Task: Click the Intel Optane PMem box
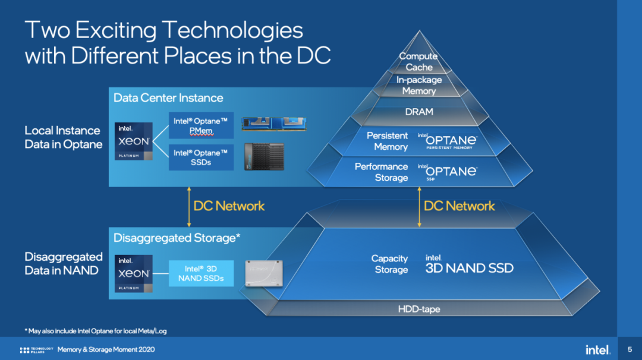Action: click(x=201, y=125)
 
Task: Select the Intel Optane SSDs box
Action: click(x=201, y=157)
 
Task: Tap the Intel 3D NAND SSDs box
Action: click(x=201, y=273)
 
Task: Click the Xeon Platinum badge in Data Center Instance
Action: click(x=134, y=141)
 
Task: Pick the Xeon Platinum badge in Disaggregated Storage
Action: click(x=134, y=274)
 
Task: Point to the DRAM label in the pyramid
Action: click(x=419, y=112)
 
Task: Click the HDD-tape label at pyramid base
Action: click(x=419, y=310)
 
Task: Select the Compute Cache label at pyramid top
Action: click(x=418, y=62)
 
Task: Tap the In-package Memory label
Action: click(x=419, y=85)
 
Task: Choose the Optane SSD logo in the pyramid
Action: click(x=448, y=172)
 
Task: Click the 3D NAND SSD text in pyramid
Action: click(x=469, y=268)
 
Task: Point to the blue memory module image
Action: click(x=274, y=124)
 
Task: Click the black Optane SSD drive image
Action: click(x=264, y=157)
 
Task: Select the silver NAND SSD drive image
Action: click(x=264, y=273)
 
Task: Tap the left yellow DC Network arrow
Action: click(x=189, y=207)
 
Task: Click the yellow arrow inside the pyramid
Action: click(x=419, y=207)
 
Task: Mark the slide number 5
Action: click(x=630, y=349)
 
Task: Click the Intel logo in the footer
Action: click(x=598, y=350)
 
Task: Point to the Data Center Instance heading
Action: click(x=168, y=98)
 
